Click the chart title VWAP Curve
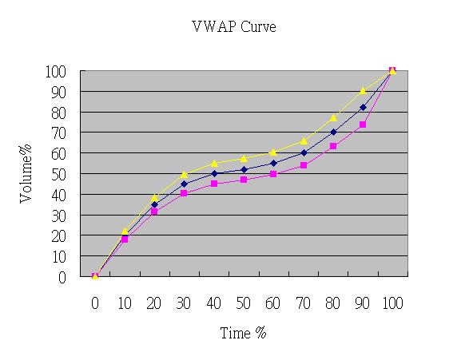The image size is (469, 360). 234,26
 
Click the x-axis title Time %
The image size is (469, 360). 243,333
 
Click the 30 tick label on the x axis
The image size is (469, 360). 184,303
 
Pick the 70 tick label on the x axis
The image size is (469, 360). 303,303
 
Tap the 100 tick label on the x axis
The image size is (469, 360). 392,303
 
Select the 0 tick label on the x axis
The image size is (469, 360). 95,303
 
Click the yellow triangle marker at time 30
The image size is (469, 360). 184,173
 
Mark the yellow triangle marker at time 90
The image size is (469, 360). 363,90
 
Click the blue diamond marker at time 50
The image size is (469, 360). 244,169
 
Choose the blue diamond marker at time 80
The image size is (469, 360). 333,133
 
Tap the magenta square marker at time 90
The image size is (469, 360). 363,125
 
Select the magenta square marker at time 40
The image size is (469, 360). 214,184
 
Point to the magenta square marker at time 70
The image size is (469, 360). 303,165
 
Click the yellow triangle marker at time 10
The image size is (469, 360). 125,231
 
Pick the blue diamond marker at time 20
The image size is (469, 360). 154,204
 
